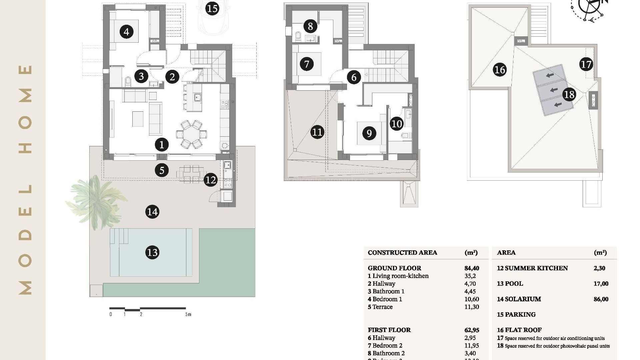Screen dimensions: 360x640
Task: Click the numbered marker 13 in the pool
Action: pyautogui.click(x=152, y=252)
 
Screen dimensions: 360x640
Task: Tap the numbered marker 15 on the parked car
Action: pyautogui.click(x=212, y=8)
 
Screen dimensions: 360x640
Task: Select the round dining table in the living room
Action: pyautogui.click(x=191, y=134)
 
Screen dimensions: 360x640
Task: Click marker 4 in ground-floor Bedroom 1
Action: pyautogui.click(x=126, y=32)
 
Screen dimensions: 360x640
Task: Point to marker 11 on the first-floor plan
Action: pyautogui.click(x=317, y=132)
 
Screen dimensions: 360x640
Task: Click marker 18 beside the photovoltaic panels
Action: pyautogui.click(x=569, y=95)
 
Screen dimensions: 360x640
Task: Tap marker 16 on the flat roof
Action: pyautogui.click(x=499, y=70)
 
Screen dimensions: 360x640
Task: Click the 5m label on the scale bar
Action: pyautogui.click(x=188, y=314)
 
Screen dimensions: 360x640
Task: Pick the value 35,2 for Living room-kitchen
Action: pyautogui.click(x=470, y=276)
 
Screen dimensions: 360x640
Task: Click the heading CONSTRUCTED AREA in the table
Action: pyautogui.click(x=402, y=253)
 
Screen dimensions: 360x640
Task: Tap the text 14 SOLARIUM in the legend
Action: pyautogui.click(x=519, y=299)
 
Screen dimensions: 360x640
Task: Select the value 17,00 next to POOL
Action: pyautogui.click(x=601, y=284)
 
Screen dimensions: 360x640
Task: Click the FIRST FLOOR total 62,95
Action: pyautogui.click(x=472, y=330)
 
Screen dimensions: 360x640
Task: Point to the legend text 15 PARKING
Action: pyautogui.click(x=516, y=315)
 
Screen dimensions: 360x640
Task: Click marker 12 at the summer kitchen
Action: pyautogui.click(x=210, y=180)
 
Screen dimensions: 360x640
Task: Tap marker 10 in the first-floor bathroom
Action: pyautogui.click(x=397, y=124)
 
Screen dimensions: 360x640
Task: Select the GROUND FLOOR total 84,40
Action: pyautogui.click(x=472, y=268)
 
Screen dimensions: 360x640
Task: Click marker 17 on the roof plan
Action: pyautogui.click(x=586, y=64)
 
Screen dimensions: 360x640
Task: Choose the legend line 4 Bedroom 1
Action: pyautogui.click(x=385, y=299)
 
